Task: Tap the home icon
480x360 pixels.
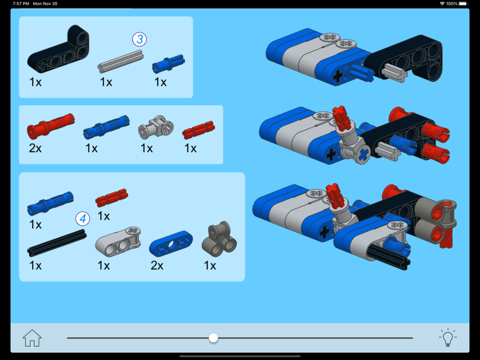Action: [32, 338]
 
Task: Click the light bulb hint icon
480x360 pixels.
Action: [448, 337]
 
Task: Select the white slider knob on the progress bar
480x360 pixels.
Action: [214, 338]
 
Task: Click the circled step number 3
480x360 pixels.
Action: [140, 39]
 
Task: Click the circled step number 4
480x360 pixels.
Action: [83, 218]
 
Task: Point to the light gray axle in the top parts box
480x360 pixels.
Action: [120, 61]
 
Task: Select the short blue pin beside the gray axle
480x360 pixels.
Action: [168, 64]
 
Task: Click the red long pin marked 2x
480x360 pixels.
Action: [50, 126]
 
